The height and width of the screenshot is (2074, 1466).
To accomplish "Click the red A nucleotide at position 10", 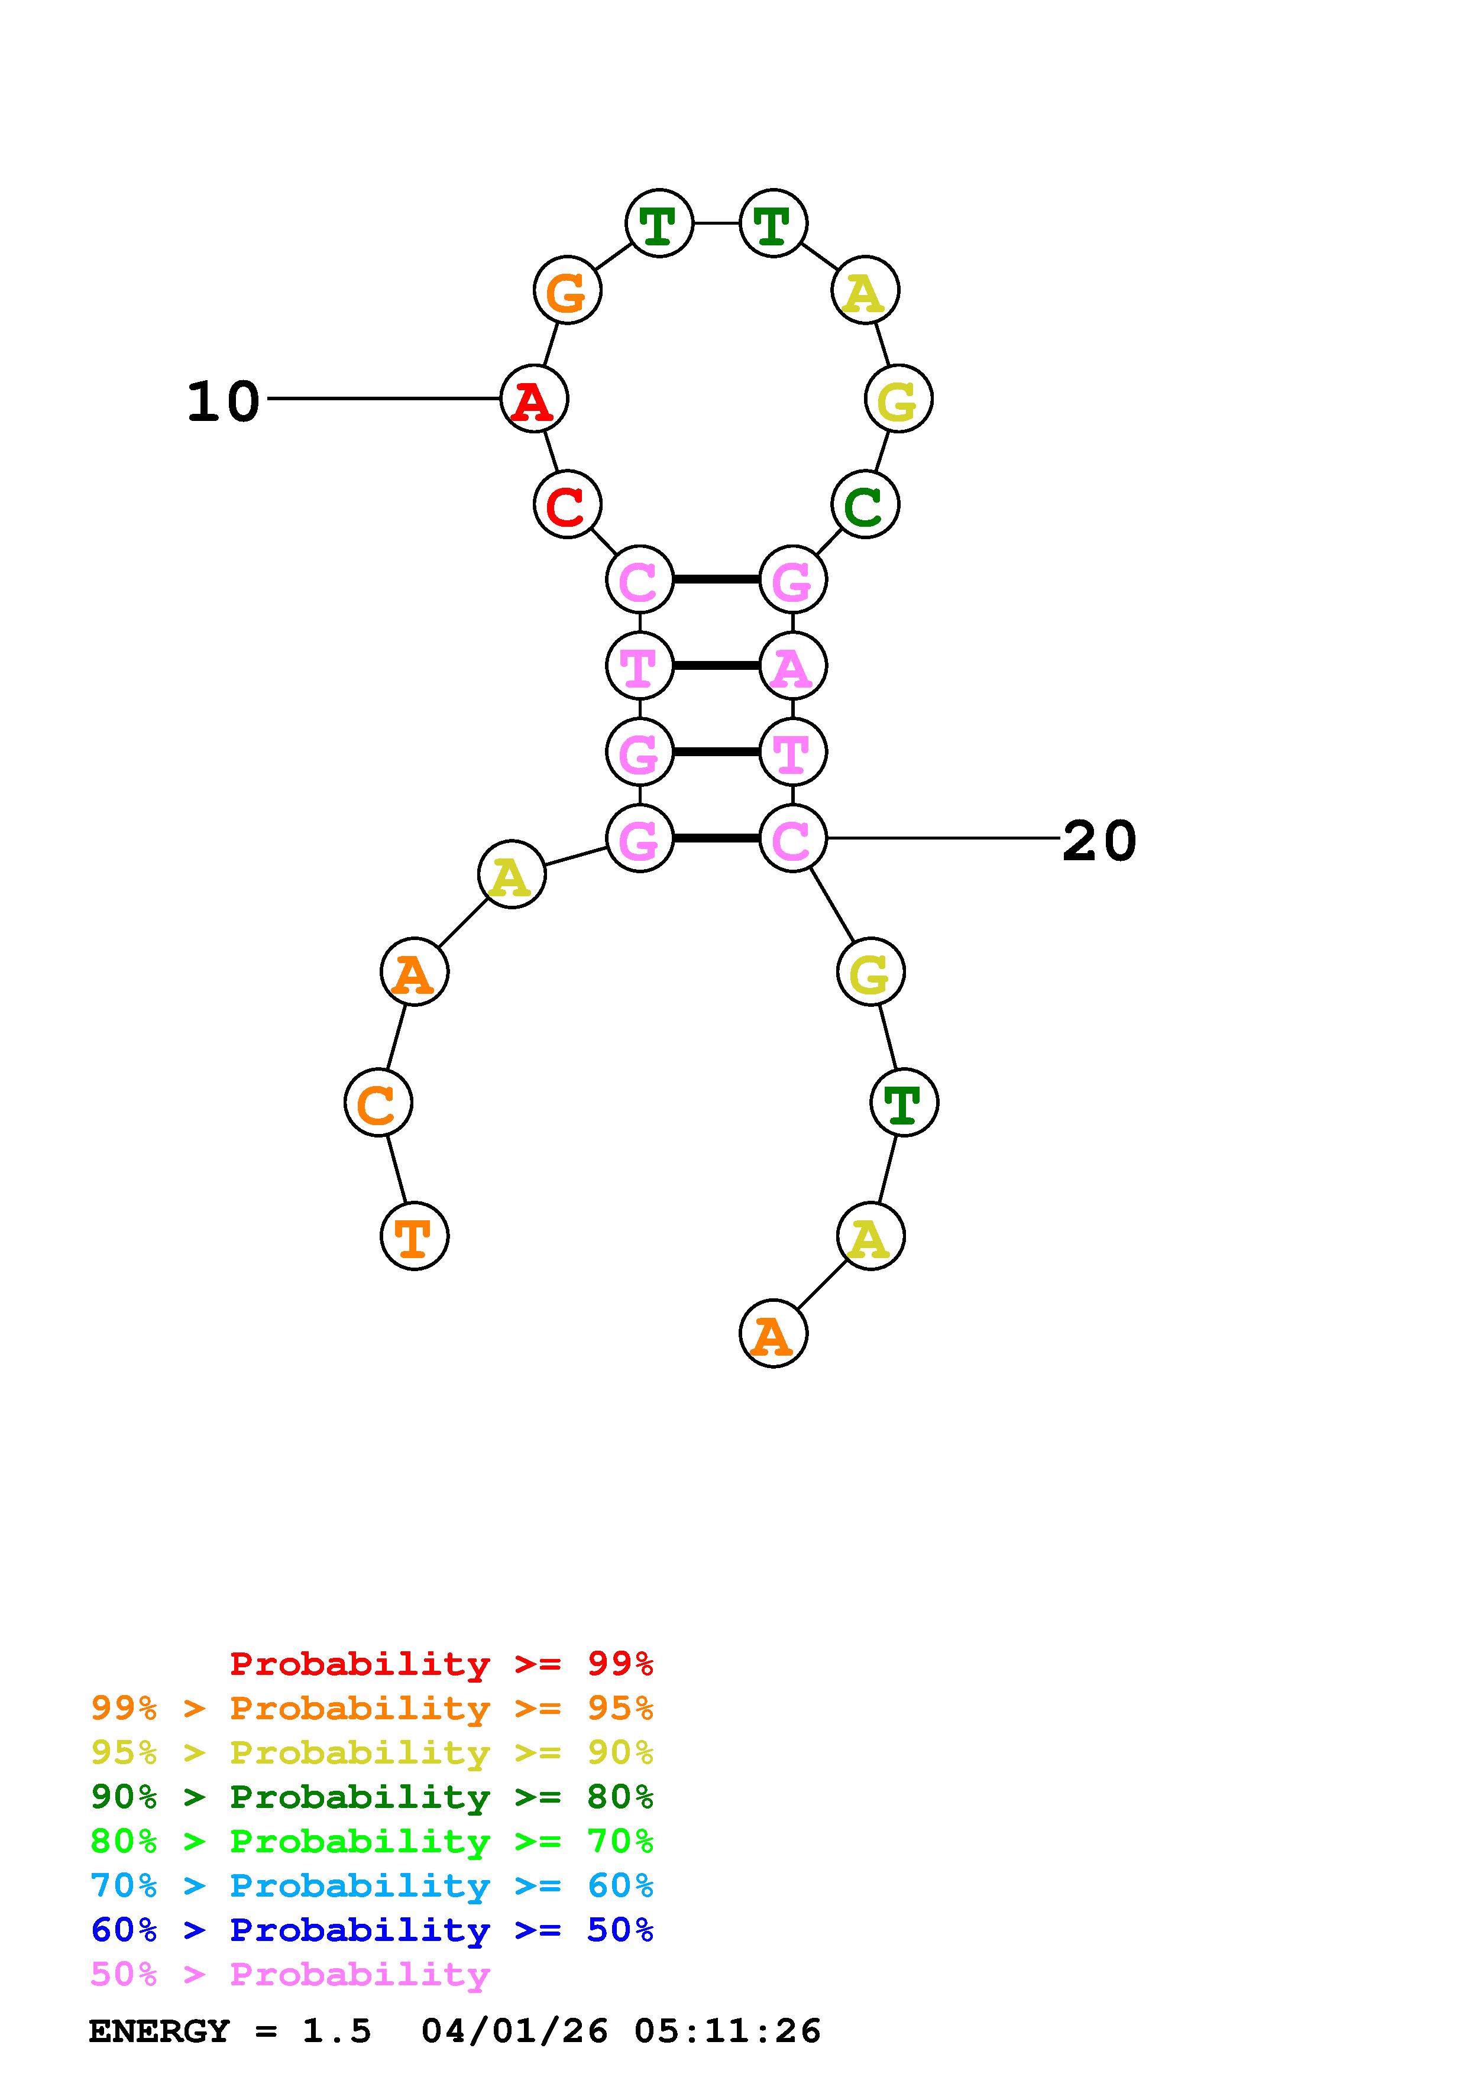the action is click(x=534, y=398).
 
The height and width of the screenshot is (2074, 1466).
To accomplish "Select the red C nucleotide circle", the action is click(x=567, y=504).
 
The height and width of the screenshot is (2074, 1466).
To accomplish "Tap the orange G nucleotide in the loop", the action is click(x=567, y=291).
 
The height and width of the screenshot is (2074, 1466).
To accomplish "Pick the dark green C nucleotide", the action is click(x=865, y=504).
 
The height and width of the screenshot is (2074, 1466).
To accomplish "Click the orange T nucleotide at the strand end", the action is click(x=415, y=1236).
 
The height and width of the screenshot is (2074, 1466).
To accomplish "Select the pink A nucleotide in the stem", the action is click(x=793, y=666).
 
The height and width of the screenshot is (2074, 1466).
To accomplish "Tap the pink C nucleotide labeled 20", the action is click(x=793, y=838).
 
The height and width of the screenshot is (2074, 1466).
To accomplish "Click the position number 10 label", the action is click(x=223, y=401).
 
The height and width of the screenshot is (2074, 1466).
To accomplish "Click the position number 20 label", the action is click(x=1098, y=841).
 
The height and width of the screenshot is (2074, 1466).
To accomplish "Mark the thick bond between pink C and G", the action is click(x=716, y=579).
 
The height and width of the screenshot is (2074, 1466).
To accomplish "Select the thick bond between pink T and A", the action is click(x=716, y=666).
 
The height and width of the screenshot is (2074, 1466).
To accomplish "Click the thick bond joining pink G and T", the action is click(x=716, y=751).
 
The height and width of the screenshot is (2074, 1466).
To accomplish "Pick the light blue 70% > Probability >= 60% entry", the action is click(x=372, y=1885).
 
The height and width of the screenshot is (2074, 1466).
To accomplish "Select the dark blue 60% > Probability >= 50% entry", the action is click(x=372, y=1930).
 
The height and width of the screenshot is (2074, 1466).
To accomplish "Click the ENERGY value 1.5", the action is click(x=336, y=2031).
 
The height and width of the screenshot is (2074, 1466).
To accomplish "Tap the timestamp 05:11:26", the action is click(x=727, y=2031).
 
